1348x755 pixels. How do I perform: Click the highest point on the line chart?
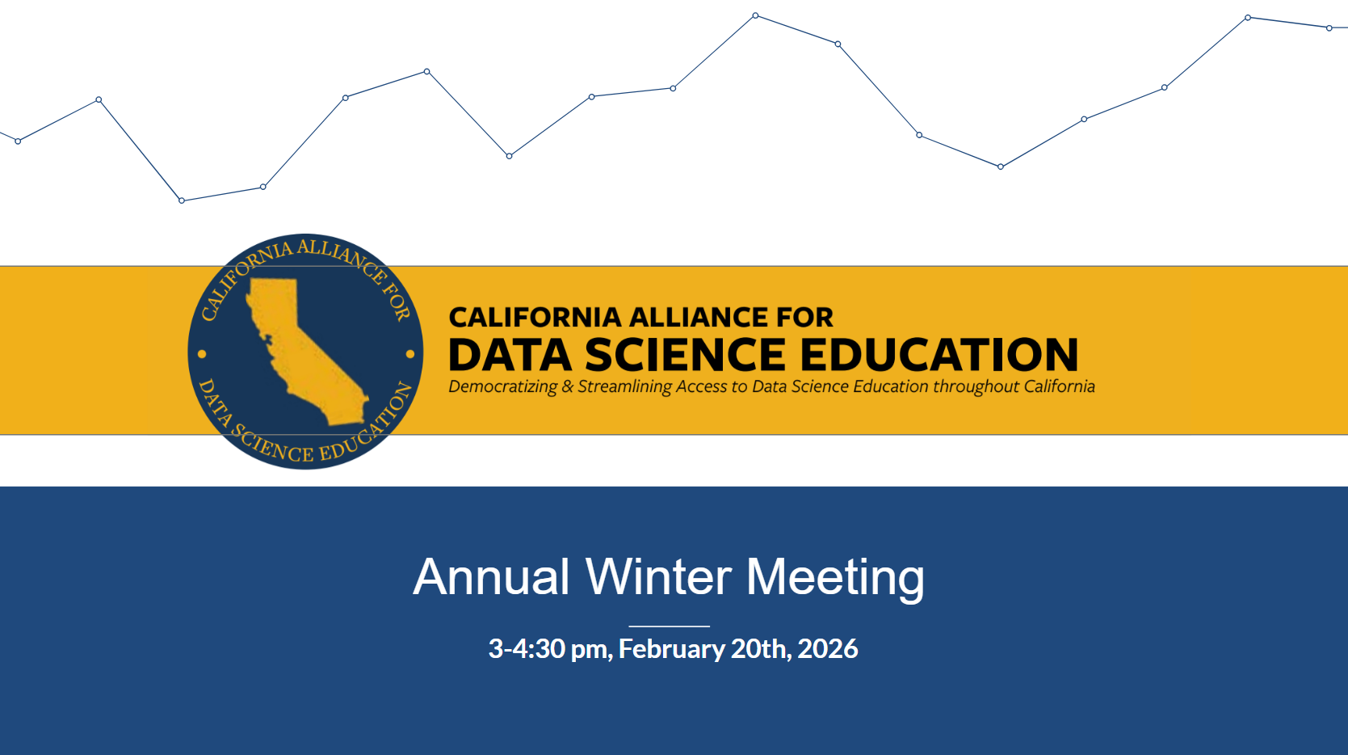[x=755, y=15]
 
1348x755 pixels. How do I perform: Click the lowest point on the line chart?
[x=182, y=200]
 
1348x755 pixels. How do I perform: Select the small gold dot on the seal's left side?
[x=202, y=354]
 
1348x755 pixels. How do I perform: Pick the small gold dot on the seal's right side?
[x=410, y=354]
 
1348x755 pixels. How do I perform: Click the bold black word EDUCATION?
[x=939, y=354]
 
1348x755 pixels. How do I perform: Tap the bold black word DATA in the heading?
[x=510, y=354]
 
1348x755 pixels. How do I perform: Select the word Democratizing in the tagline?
[x=503, y=386]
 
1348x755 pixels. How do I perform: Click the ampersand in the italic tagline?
[x=568, y=386]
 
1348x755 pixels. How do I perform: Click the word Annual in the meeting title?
[x=491, y=577]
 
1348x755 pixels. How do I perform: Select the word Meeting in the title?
[x=835, y=578]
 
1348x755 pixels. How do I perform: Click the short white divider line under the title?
[x=670, y=626]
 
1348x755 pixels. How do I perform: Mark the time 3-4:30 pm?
[x=551, y=649]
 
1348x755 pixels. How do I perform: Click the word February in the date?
[x=672, y=649]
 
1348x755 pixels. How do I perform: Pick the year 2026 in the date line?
[x=827, y=648]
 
